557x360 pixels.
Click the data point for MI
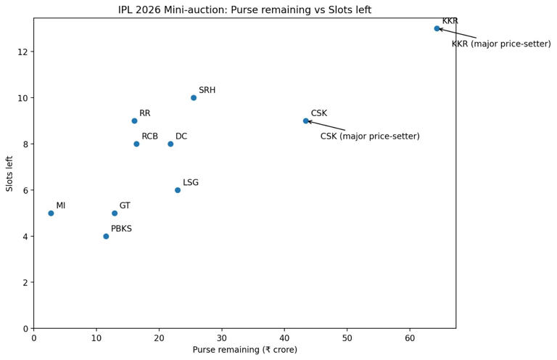click(x=51, y=213)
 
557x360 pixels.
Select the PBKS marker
click(x=106, y=237)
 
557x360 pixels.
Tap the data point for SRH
click(x=194, y=98)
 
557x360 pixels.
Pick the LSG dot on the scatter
click(x=178, y=190)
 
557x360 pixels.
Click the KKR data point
click(x=437, y=28)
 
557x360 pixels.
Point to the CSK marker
click(x=306, y=121)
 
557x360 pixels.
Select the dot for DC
click(x=170, y=144)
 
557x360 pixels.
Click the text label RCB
click(x=149, y=136)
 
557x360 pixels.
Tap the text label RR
click(x=145, y=113)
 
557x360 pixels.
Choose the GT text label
click(x=125, y=206)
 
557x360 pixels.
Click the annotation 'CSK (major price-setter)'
click(x=370, y=136)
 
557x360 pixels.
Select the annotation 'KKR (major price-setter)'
click(x=501, y=44)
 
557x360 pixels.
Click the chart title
click(x=244, y=10)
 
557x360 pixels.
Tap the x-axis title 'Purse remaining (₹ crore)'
click(x=244, y=350)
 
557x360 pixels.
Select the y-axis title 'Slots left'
click(x=10, y=173)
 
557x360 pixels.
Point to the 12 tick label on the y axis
click(x=22, y=52)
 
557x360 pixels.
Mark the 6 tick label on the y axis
click(x=25, y=190)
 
